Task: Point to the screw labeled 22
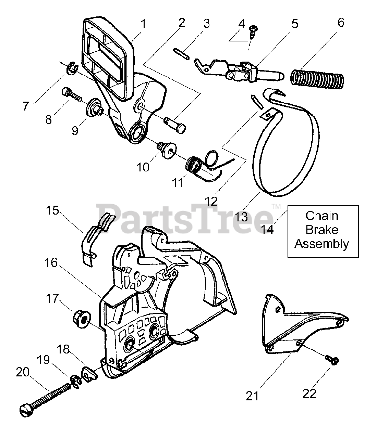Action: pyautogui.click(x=331, y=360)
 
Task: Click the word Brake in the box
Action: pyautogui.click(x=322, y=230)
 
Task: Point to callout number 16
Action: pyautogui.click(x=51, y=263)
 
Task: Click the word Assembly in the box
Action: pyautogui.click(x=322, y=244)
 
